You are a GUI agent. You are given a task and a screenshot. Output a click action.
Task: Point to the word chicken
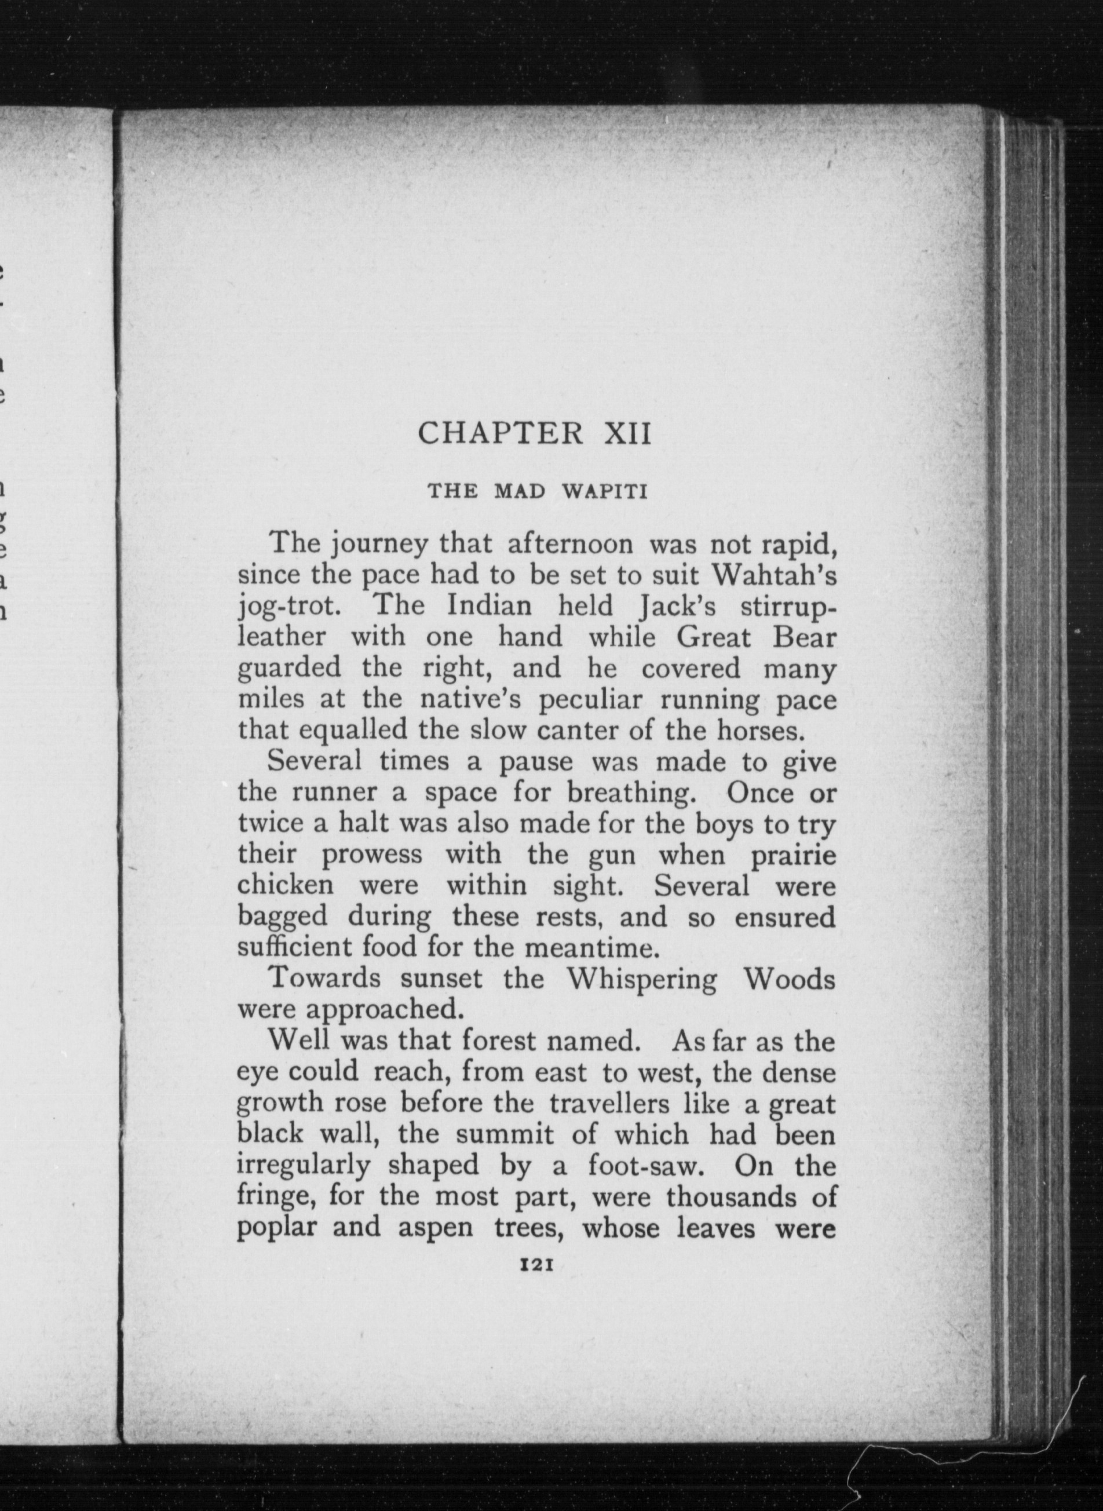coord(286,885)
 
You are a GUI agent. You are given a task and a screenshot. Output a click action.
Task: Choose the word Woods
coord(789,979)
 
